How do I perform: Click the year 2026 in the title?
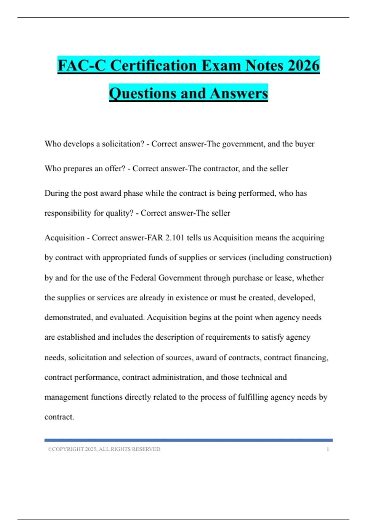pyautogui.click(x=303, y=65)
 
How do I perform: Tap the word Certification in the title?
pyautogui.click(x=153, y=65)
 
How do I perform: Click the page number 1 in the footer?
pyautogui.click(x=328, y=449)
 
